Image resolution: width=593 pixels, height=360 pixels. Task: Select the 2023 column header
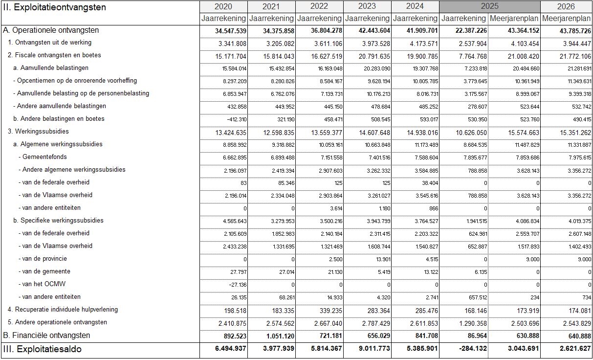[367, 7]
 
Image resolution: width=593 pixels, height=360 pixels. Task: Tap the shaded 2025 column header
[489, 7]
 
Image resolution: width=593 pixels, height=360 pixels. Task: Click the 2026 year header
[566, 7]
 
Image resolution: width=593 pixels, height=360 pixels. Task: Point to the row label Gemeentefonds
[44, 157]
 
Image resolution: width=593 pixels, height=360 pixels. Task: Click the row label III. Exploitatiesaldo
[42, 349]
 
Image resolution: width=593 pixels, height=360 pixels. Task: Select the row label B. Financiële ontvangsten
[46, 336]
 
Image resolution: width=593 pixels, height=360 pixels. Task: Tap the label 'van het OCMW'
[43, 284]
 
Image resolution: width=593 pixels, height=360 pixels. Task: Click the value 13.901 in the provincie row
[381, 259]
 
